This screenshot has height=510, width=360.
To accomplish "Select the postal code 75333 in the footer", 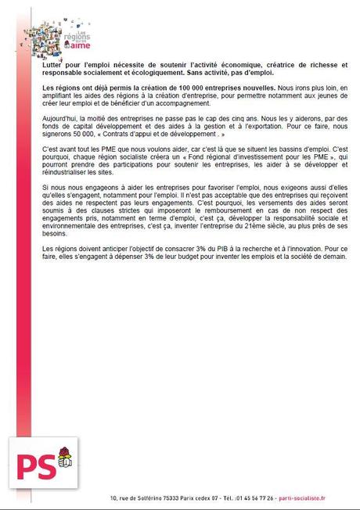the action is click(x=168, y=498).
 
